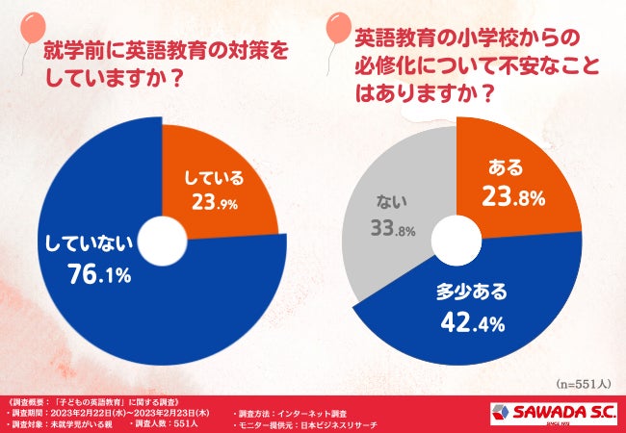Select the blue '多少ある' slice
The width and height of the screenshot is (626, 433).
pos(482,318)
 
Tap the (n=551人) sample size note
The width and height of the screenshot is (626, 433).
pos(582,382)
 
